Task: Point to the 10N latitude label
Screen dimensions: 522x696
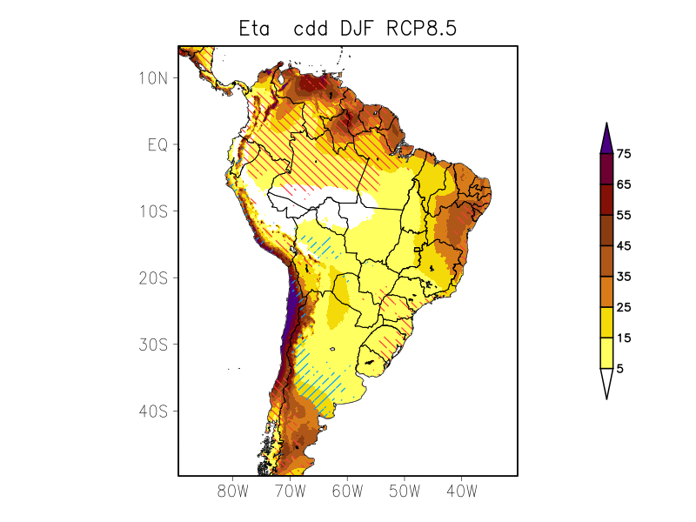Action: [x=152, y=77]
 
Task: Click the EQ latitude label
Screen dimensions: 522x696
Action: [x=157, y=144]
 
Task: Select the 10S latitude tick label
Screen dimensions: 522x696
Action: [x=152, y=211]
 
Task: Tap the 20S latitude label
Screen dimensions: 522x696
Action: [x=152, y=278]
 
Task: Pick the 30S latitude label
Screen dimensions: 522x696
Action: [x=152, y=345]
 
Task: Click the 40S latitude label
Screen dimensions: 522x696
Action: [x=152, y=411]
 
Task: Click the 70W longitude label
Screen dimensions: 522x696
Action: [x=290, y=492]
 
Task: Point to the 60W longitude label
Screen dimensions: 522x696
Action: [x=347, y=492]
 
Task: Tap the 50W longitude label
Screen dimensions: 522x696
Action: [x=405, y=492]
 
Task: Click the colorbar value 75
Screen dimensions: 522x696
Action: [x=623, y=154]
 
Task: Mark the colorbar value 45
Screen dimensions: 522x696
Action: [x=623, y=246]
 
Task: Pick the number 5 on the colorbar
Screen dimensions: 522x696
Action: [x=619, y=369]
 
